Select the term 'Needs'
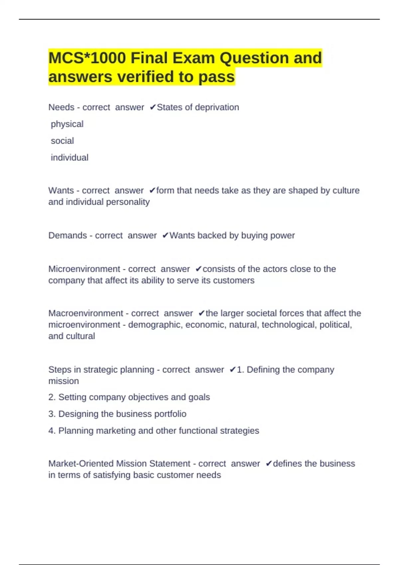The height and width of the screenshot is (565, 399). tap(61, 107)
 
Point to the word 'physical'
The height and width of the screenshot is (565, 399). tap(67, 124)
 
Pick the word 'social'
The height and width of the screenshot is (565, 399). tap(62, 141)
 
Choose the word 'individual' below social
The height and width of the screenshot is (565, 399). tap(69, 158)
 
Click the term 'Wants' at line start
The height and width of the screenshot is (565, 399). tap(61, 190)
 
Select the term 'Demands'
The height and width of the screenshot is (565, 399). tap(67, 236)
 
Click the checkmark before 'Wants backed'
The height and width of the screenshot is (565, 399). tap(165, 236)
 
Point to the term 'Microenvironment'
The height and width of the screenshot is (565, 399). tap(84, 269)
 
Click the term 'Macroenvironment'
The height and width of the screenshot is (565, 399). tap(86, 313)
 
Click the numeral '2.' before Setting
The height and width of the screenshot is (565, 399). tap(52, 397)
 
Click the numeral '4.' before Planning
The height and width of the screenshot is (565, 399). tap(52, 431)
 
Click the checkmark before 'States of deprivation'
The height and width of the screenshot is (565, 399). tap(153, 107)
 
